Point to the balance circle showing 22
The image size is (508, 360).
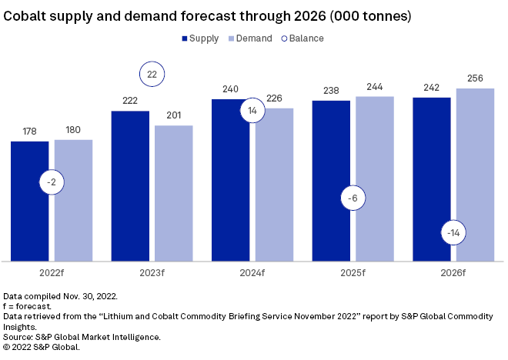(x=152, y=75)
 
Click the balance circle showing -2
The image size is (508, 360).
(x=52, y=183)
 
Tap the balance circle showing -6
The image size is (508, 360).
(x=353, y=198)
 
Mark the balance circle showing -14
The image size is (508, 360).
(x=453, y=232)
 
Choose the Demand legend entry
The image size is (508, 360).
(x=250, y=38)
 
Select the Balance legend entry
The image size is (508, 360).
(x=302, y=38)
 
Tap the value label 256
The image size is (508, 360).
(x=475, y=78)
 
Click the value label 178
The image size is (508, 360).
(x=30, y=132)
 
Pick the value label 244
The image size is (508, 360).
(x=375, y=87)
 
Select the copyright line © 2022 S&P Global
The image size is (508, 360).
(x=42, y=346)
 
